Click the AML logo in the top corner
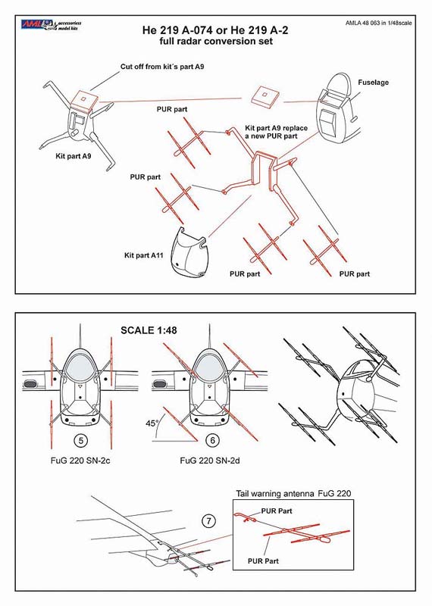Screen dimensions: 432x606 [x=51, y=25]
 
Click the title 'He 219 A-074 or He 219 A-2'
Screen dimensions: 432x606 [x=215, y=30]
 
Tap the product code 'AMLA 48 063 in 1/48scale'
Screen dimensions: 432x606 [x=379, y=23]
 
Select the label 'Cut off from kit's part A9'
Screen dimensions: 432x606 [x=162, y=67]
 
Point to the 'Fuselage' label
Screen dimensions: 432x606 [x=373, y=83]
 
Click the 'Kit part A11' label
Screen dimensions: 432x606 [x=144, y=255]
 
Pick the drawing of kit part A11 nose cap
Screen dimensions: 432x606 [x=189, y=252]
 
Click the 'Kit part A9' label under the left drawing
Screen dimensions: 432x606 [x=74, y=156]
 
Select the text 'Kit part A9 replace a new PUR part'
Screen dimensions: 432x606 [x=276, y=132]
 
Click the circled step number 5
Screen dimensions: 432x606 [x=80, y=440]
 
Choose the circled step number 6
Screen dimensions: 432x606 [x=212, y=440]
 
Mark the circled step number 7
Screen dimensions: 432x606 [x=209, y=521]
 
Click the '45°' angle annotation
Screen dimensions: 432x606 [x=152, y=423]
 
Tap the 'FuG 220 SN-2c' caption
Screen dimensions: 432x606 [x=80, y=461]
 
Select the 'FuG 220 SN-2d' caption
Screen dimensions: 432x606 [x=210, y=461]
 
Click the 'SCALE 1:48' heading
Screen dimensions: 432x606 [x=149, y=330]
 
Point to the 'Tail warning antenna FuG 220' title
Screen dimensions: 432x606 [x=293, y=494]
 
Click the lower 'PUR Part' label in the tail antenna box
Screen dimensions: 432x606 [x=263, y=561]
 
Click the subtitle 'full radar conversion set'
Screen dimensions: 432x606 [x=216, y=42]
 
